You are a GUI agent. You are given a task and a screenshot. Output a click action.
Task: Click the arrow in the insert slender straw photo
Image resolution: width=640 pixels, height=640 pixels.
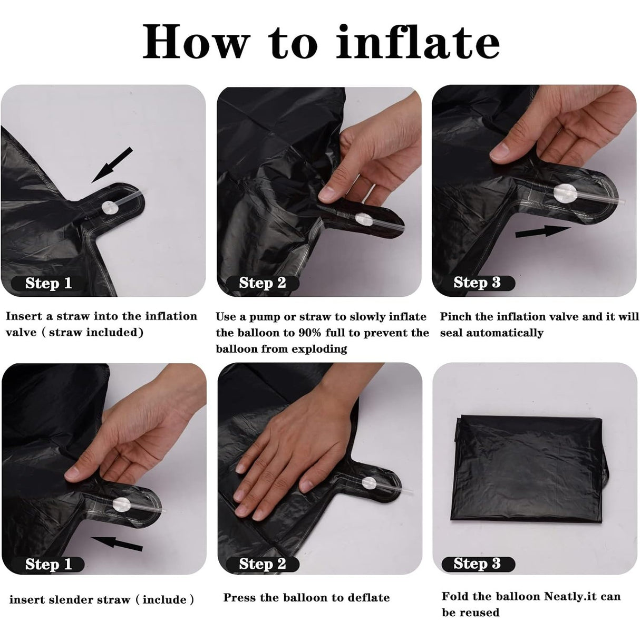[116, 542]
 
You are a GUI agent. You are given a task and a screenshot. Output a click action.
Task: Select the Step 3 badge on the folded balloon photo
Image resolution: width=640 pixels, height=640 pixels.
[477, 564]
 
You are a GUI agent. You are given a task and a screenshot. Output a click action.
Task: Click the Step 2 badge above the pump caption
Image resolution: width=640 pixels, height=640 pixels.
[263, 283]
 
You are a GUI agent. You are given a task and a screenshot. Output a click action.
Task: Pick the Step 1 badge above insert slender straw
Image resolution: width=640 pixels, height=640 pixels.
[49, 564]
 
